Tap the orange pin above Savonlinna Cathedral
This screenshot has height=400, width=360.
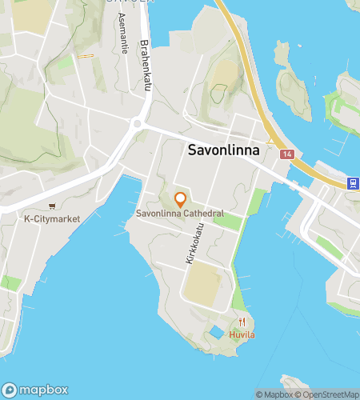(x=180, y=198)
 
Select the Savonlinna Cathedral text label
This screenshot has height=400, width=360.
(x=179, y=214)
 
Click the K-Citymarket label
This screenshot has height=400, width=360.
(x=53, y=218)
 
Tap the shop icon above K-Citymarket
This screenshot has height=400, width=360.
(x=53, y=206)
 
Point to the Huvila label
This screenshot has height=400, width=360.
(x=242, y=334)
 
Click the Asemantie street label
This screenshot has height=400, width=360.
(x=122, y=32)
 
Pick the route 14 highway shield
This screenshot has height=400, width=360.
(x=287, y=153)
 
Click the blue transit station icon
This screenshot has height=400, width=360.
(x=352, y=183)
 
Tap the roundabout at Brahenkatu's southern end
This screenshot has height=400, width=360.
(x=138, y=124)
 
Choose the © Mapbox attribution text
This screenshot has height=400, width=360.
(x=274, y=394)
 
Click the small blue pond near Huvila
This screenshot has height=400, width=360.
(x=216, y=332)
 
